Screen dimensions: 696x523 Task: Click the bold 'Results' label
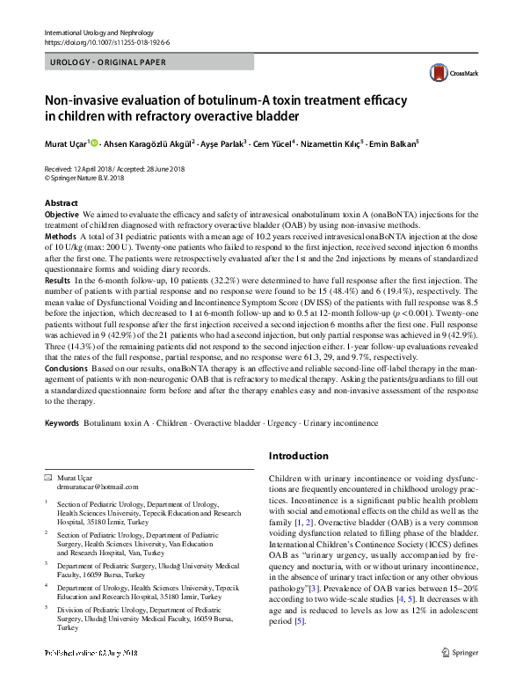[x=58, y=278]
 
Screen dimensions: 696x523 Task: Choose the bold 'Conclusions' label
[x=67, y=369]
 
